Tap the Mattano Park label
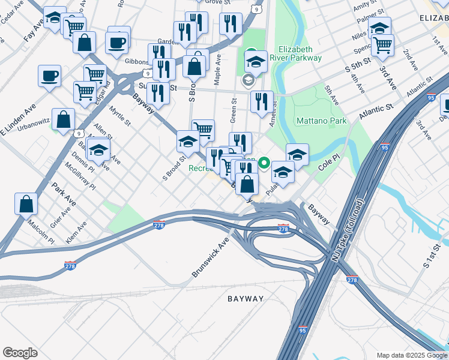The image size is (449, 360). tap(322, 121)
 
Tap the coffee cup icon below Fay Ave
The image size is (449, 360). tap(49, 76)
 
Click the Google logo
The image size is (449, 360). tap(20, 352)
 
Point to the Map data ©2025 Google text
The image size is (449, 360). tap(411, 355)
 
